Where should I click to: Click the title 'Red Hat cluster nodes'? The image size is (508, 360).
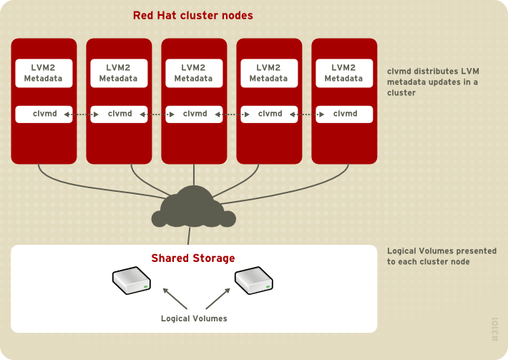(x=193, y=15)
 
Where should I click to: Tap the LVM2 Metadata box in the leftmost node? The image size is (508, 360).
(x=44, y=73)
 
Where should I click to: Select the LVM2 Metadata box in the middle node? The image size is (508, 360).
(x=194, y=73)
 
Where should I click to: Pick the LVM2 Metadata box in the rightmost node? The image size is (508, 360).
(x=344, y=73)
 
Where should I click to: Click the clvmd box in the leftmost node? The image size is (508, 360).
(x=44, y=115)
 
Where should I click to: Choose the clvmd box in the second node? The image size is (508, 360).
(x=119, y=115)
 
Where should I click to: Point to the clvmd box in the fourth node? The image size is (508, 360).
(x=269, y=115)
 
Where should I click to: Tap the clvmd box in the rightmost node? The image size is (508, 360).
(x=344, y=115)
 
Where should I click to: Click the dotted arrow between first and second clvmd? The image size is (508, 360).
(x=82, y=115)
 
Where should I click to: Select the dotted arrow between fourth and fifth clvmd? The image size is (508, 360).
(x=307, y=115)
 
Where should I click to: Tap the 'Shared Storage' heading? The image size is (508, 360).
(x=193, y=258)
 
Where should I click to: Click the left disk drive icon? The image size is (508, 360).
(x=132, y=281)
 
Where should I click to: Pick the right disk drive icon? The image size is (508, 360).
(x=254, y=281)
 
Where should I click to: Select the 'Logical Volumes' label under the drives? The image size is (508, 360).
(x=194, y=318)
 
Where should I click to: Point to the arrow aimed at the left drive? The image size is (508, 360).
(x=175, y=298)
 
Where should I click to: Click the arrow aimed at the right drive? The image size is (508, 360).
(x=218, y=298)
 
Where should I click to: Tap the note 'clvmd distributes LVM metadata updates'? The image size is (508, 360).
(x=433, y=82)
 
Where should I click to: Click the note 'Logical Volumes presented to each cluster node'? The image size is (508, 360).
(x=442, y=256)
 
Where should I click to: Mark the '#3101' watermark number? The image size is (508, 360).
(x=494, y=329)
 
